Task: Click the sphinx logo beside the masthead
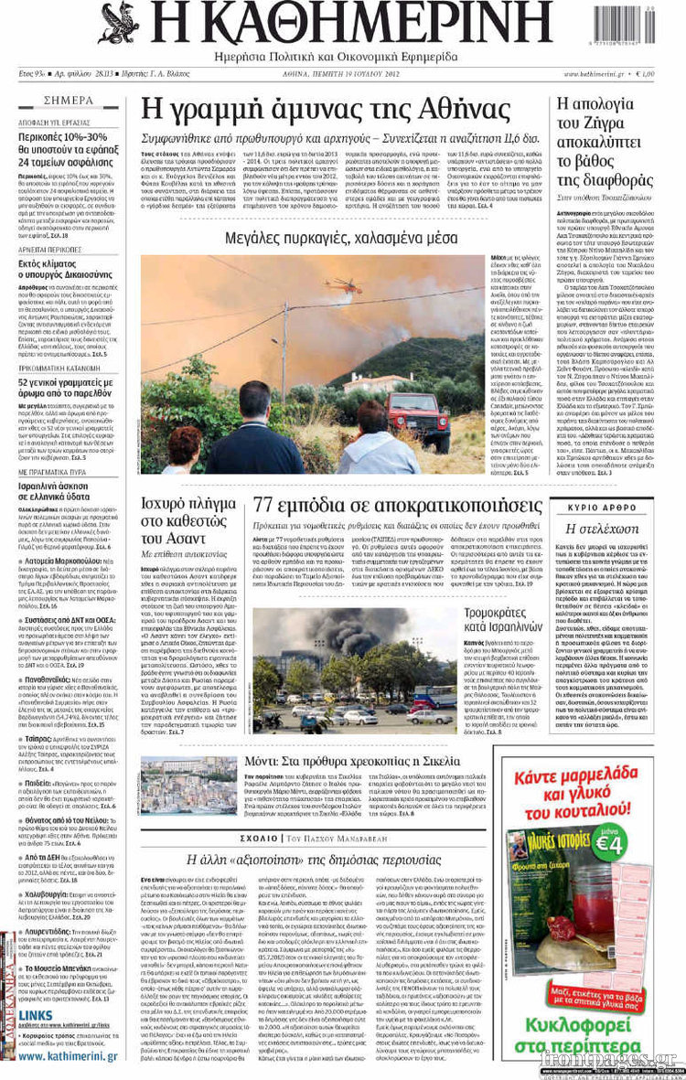(x=119, y=23)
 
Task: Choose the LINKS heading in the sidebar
(x=36, y=1015)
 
